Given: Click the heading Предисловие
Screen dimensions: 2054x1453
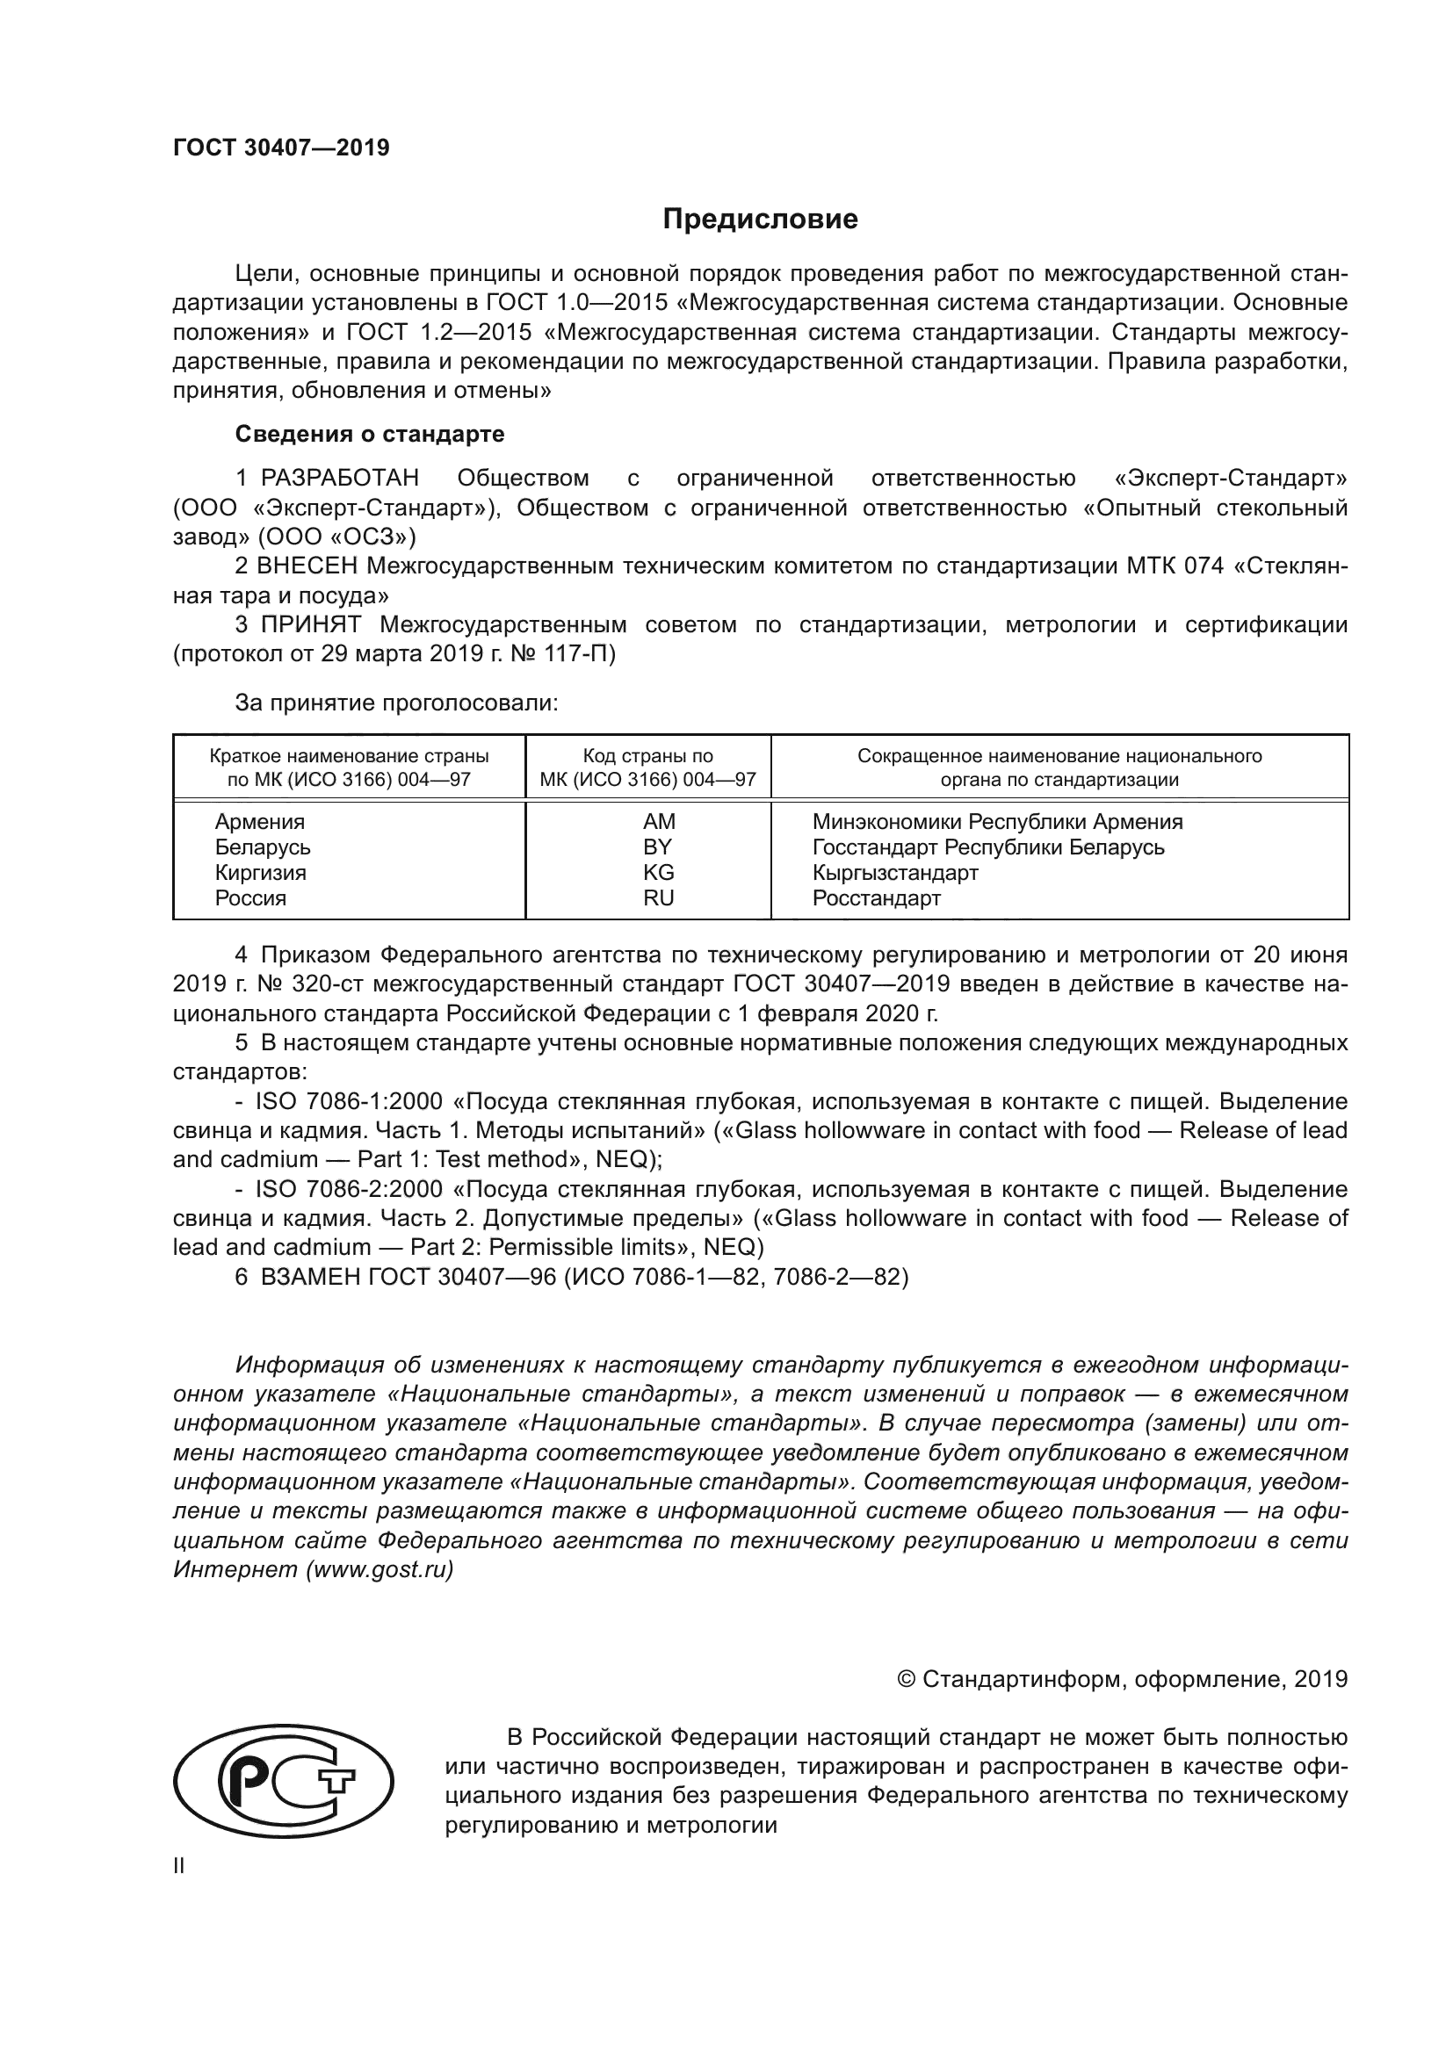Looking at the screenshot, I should pyautogui.click(x=760, y=220).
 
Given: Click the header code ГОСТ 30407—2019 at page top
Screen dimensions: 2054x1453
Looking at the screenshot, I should pyautogui.click(x=281, y=148).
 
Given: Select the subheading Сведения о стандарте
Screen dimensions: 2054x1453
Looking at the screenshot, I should pyautogui.click(x=370, y=434).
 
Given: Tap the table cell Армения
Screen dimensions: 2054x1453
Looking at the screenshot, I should pyautogui.click(x=259, y=821).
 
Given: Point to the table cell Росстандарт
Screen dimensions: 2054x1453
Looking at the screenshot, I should pyautogui.click(x=876, y=898).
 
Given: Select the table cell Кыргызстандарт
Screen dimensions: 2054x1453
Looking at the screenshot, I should pyautogui.click(x=894, y=872).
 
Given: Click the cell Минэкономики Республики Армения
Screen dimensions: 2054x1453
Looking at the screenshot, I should pyautogui.click(x=997, y=821).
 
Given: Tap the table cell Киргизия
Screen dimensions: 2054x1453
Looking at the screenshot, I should pyautogui.click(x=260, y=872).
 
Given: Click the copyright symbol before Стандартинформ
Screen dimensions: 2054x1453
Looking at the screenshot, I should pyautogui.click(x=906, y=1679).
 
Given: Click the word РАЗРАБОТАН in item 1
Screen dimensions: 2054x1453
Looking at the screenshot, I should pyautogui.click(x=340, y=479).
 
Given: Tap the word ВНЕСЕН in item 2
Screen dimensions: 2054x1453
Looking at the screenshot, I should pyautogui.click(x=307, y=566).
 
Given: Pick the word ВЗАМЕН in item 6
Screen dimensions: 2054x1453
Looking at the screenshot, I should pyautogui.click(x=309, y=1277).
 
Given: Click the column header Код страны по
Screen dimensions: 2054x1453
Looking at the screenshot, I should pyautogui.click(x=647, y=756).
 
